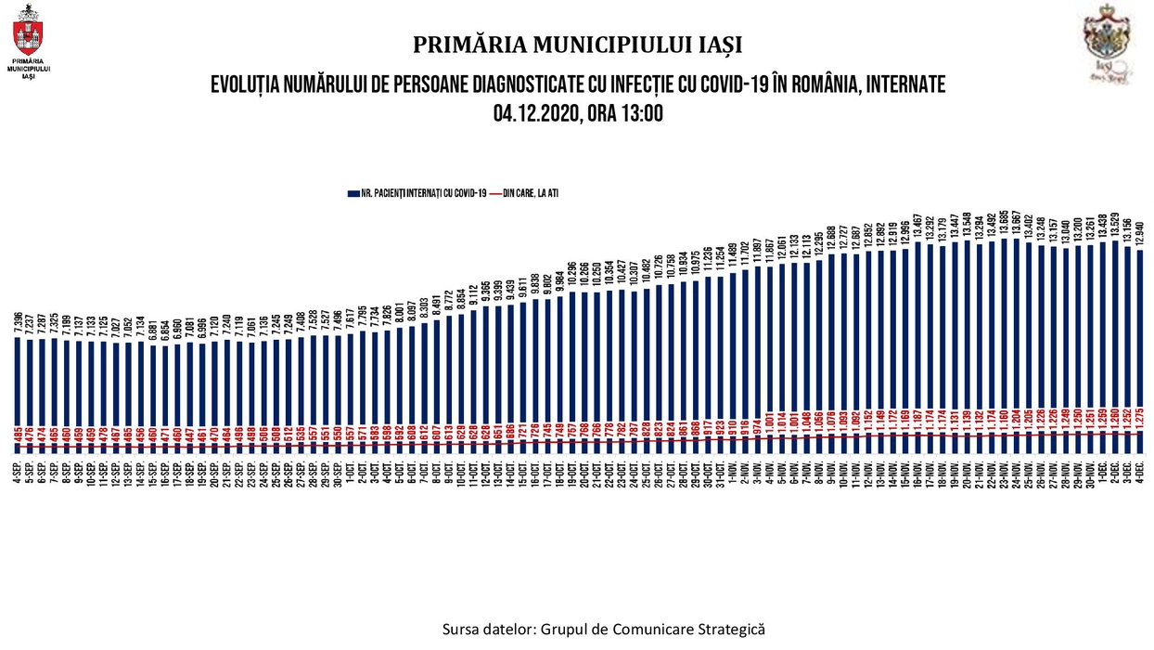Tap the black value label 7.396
point(19,321)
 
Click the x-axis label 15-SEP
point(153,470)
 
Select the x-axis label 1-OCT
point(350,470)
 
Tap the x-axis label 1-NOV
point(731,470)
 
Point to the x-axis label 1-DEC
point(1101,470)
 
